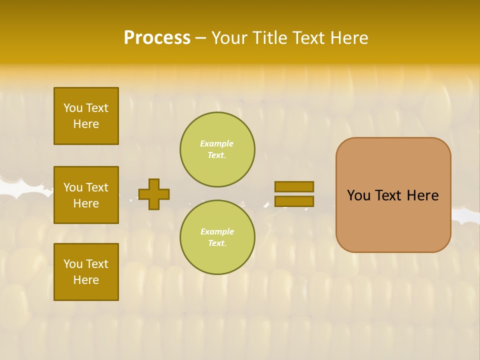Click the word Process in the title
pos(157,38)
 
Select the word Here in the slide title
pos(348,38)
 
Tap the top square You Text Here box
pos(86,116)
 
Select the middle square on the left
pos(86,195)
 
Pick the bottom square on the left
pos(86,272)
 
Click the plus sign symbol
pos(154,194)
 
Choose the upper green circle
pos(217,149)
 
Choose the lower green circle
pos(217,237)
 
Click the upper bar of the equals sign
pos(294,186)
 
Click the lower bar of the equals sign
pos(294,201)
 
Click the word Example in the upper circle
pos(216,144)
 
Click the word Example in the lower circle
pos(216,232)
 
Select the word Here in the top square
pos(86,124)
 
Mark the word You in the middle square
pos(72,187)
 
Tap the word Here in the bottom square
pos(86,280)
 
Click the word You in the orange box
pos(358,195)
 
